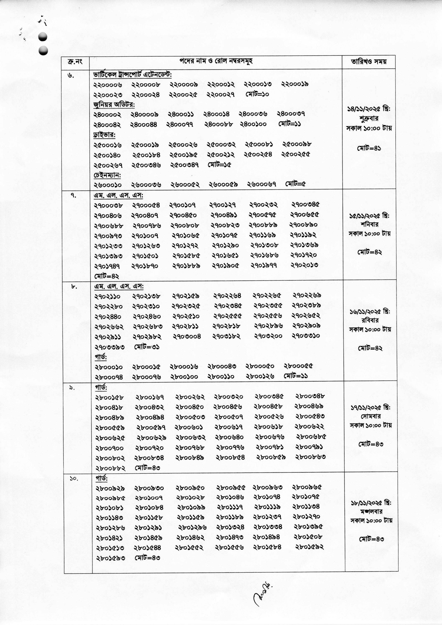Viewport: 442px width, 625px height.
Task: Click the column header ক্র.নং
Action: [75, 62]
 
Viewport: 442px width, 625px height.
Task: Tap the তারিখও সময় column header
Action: [369, 62]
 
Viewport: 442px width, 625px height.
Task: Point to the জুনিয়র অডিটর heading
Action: [114, 104]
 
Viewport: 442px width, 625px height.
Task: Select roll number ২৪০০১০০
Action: [253, 124]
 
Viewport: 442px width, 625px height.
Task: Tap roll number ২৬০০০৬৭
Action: [262, 185]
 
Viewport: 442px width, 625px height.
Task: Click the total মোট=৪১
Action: [369, 148]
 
